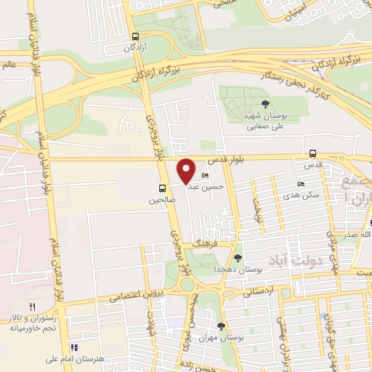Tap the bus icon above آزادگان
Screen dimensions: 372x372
tap(136, 36)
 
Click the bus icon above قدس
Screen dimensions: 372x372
tap(312, 153)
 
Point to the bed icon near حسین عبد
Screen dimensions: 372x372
tap(206, 177)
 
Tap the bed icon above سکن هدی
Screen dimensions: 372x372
tap(301, 185)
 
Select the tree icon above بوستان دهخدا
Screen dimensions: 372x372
tap(238, 258)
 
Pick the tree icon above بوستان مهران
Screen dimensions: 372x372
tap(221, 326)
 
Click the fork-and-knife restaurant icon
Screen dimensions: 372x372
tap(32, 307)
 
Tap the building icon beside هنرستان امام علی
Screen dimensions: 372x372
tap(73, 347)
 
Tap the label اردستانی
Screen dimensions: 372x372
tap(259, 292)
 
